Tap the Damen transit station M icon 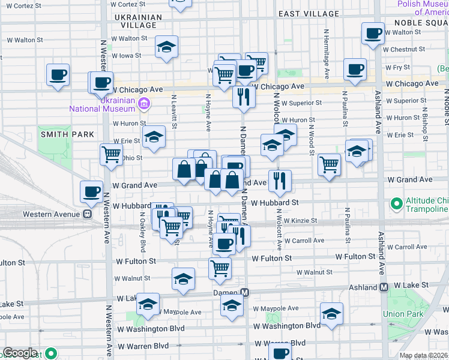[245, 293]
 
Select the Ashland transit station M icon [384, 287]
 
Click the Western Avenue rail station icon [88, 214]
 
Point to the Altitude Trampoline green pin [396, 204]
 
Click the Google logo [20, 353]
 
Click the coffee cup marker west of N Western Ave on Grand [91, 191]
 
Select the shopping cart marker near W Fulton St [220, 268]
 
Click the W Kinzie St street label [301, 221]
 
